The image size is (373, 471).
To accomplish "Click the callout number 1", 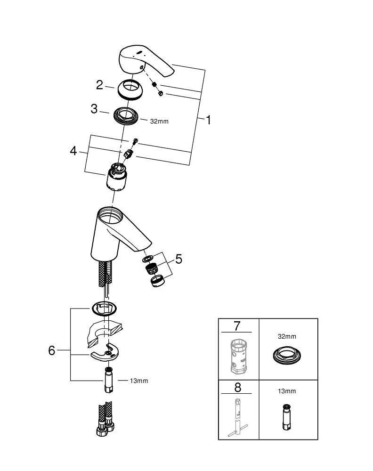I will click(x=208, y=120).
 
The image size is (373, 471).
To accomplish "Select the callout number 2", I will click(x=99, y=85).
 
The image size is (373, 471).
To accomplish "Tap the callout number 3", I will click(x=94, y=109).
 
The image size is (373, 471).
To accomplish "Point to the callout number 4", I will click(x=73, y=151).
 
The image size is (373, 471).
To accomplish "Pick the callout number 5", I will click(x=178, y=259).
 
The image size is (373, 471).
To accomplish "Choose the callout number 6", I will click(x=52, y=350).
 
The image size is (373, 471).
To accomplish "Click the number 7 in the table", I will click(x=237, y=325).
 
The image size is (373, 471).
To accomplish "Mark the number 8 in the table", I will click(x=237, y=388).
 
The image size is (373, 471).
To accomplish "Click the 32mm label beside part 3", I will click(x=159, y=122).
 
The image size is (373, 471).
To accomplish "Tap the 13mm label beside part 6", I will click(x=138, y=381).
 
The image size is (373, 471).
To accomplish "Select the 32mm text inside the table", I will click(x=287, y=337).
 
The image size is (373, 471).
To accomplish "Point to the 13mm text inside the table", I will click(x=287, y=391).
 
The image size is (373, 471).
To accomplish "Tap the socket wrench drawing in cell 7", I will click(x=237, y=356).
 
